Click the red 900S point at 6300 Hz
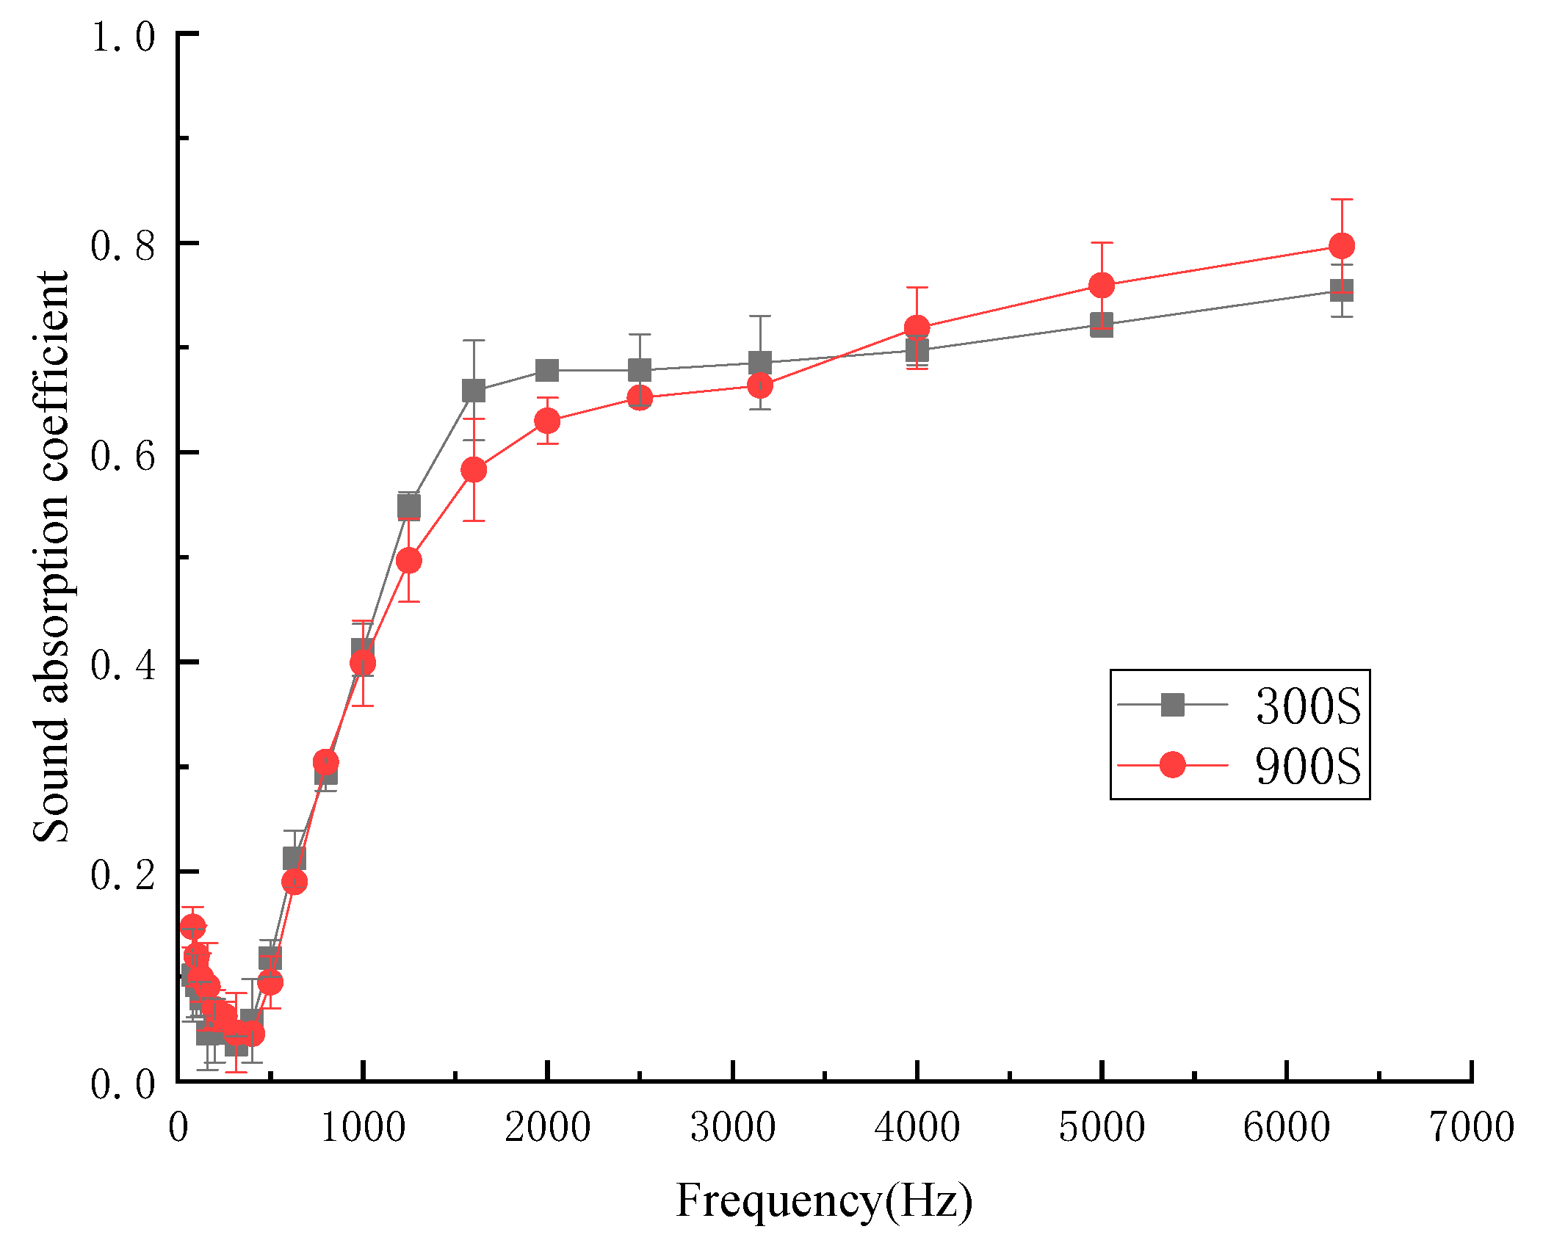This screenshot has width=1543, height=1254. (x=1341, y=245)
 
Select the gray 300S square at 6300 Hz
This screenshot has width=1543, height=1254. (x=1341, y=290)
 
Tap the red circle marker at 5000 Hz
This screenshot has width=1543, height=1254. (x=1101, y=285)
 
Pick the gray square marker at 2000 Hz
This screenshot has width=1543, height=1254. (x=546, y=370)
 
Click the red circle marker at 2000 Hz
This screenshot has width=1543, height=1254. (x=546, y=421)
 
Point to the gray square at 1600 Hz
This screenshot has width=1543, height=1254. (x=474, y=391)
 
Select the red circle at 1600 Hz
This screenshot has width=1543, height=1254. (x=474, y=469)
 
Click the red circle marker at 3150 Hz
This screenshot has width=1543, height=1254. (x=759, y=385)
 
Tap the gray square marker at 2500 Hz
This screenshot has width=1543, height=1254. (x=639, y=370)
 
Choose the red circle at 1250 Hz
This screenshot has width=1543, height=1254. (x=408, y=561)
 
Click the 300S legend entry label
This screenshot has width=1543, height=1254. (x=1307, y=706)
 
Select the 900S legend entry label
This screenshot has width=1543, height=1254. (x=1307, y=766)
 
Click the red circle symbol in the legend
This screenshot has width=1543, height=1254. (x=1172, y=765)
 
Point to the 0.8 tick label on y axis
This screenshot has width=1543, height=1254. (x=123, y=244)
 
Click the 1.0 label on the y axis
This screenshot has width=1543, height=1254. (x=123, y=35)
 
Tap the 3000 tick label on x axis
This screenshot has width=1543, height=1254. (x=732, y=1127)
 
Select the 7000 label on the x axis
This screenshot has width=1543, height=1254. (x=1472, y=1127)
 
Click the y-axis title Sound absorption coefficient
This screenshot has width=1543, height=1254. (x=51, y=557)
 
